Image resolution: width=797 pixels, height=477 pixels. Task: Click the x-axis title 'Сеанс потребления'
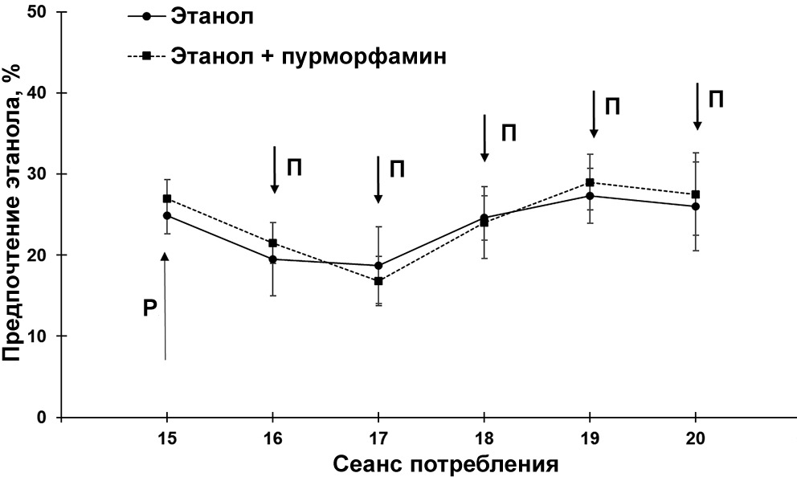coord(445,464)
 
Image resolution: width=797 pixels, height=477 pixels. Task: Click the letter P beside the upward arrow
coord(149,308)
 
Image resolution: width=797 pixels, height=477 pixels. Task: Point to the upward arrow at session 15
coord(166,305)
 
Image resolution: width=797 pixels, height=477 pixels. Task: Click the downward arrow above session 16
coord(274,169)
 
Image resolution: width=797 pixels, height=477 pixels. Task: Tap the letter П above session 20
coord(716,99)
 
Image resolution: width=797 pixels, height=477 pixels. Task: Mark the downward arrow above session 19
coord(594,114)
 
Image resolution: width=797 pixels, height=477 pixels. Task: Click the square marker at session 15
coord(167,198)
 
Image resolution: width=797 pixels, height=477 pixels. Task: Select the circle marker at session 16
coord(273,259)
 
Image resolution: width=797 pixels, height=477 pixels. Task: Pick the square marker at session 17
coord(378,281)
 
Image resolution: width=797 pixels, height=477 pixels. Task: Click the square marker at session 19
coord(590,182)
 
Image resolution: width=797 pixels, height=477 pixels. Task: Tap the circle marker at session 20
coord(695,206)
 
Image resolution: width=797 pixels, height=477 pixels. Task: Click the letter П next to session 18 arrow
coord(508,132)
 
